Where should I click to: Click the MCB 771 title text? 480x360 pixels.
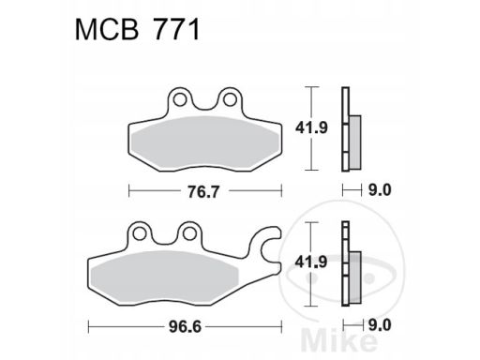tap(137, 30)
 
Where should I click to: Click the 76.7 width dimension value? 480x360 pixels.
tap(203, 191)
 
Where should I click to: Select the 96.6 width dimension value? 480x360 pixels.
tap(185, 327)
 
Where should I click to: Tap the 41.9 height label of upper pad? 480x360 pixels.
tap(311, 127)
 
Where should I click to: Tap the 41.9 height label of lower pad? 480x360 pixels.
tap(311, 262)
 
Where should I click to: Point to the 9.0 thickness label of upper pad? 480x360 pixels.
tap(380, 190)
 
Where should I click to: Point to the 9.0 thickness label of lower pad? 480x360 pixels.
tap(380, 325)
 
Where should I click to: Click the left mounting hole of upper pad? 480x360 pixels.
tap(179, 99)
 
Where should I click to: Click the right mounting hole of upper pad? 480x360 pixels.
tap(230, 99)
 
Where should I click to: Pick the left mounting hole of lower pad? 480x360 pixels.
tap(139, 233)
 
